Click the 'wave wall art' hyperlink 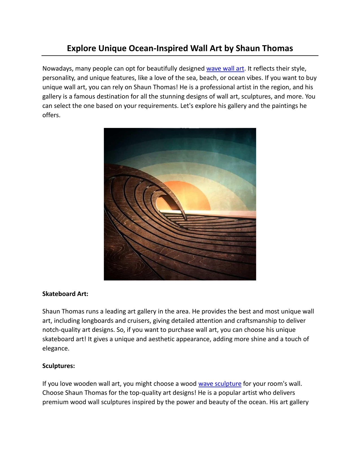pyautogui.click(x=225, y=69)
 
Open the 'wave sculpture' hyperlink pyautogui.click(x=220, y=384)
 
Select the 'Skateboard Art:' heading pyautogui.click(x=65, y=294)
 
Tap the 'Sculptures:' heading pyautogui.click(x=58, y=366)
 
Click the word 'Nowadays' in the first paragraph pyautogui.click(x=57, y=69)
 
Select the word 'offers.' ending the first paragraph pyautogui.click(x=51, y=115)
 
